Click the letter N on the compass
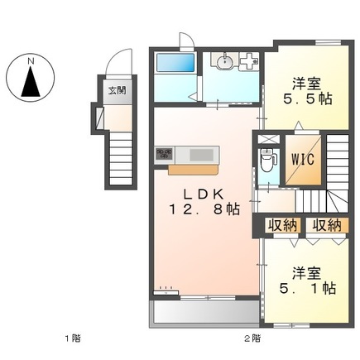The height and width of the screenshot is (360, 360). pos(31,61)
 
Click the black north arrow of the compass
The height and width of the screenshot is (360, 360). pos(31,82)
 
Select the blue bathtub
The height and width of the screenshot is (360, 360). pos(175,63)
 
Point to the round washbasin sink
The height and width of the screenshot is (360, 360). pos(224,62)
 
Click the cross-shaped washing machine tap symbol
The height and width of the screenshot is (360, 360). pos(249,61)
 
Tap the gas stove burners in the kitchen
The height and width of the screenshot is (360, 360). pos(165,154)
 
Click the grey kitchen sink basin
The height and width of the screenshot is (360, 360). pos(201,155)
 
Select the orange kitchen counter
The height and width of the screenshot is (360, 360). pos(194,170)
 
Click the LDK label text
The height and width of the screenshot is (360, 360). pos(204,194)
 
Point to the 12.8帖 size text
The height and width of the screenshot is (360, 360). pos(204,209)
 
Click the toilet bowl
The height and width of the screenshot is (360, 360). pos(268,161)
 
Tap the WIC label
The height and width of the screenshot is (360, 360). pos(303,159)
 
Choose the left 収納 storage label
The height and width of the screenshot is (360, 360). pos(283,225)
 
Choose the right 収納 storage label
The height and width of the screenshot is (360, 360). pos(327,225)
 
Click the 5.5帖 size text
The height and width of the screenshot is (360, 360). pos(308,98)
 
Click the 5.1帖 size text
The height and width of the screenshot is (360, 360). pos(308,289)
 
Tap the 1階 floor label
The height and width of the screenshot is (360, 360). pos(73,338)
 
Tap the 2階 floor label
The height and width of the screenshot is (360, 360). pos(252,338)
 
